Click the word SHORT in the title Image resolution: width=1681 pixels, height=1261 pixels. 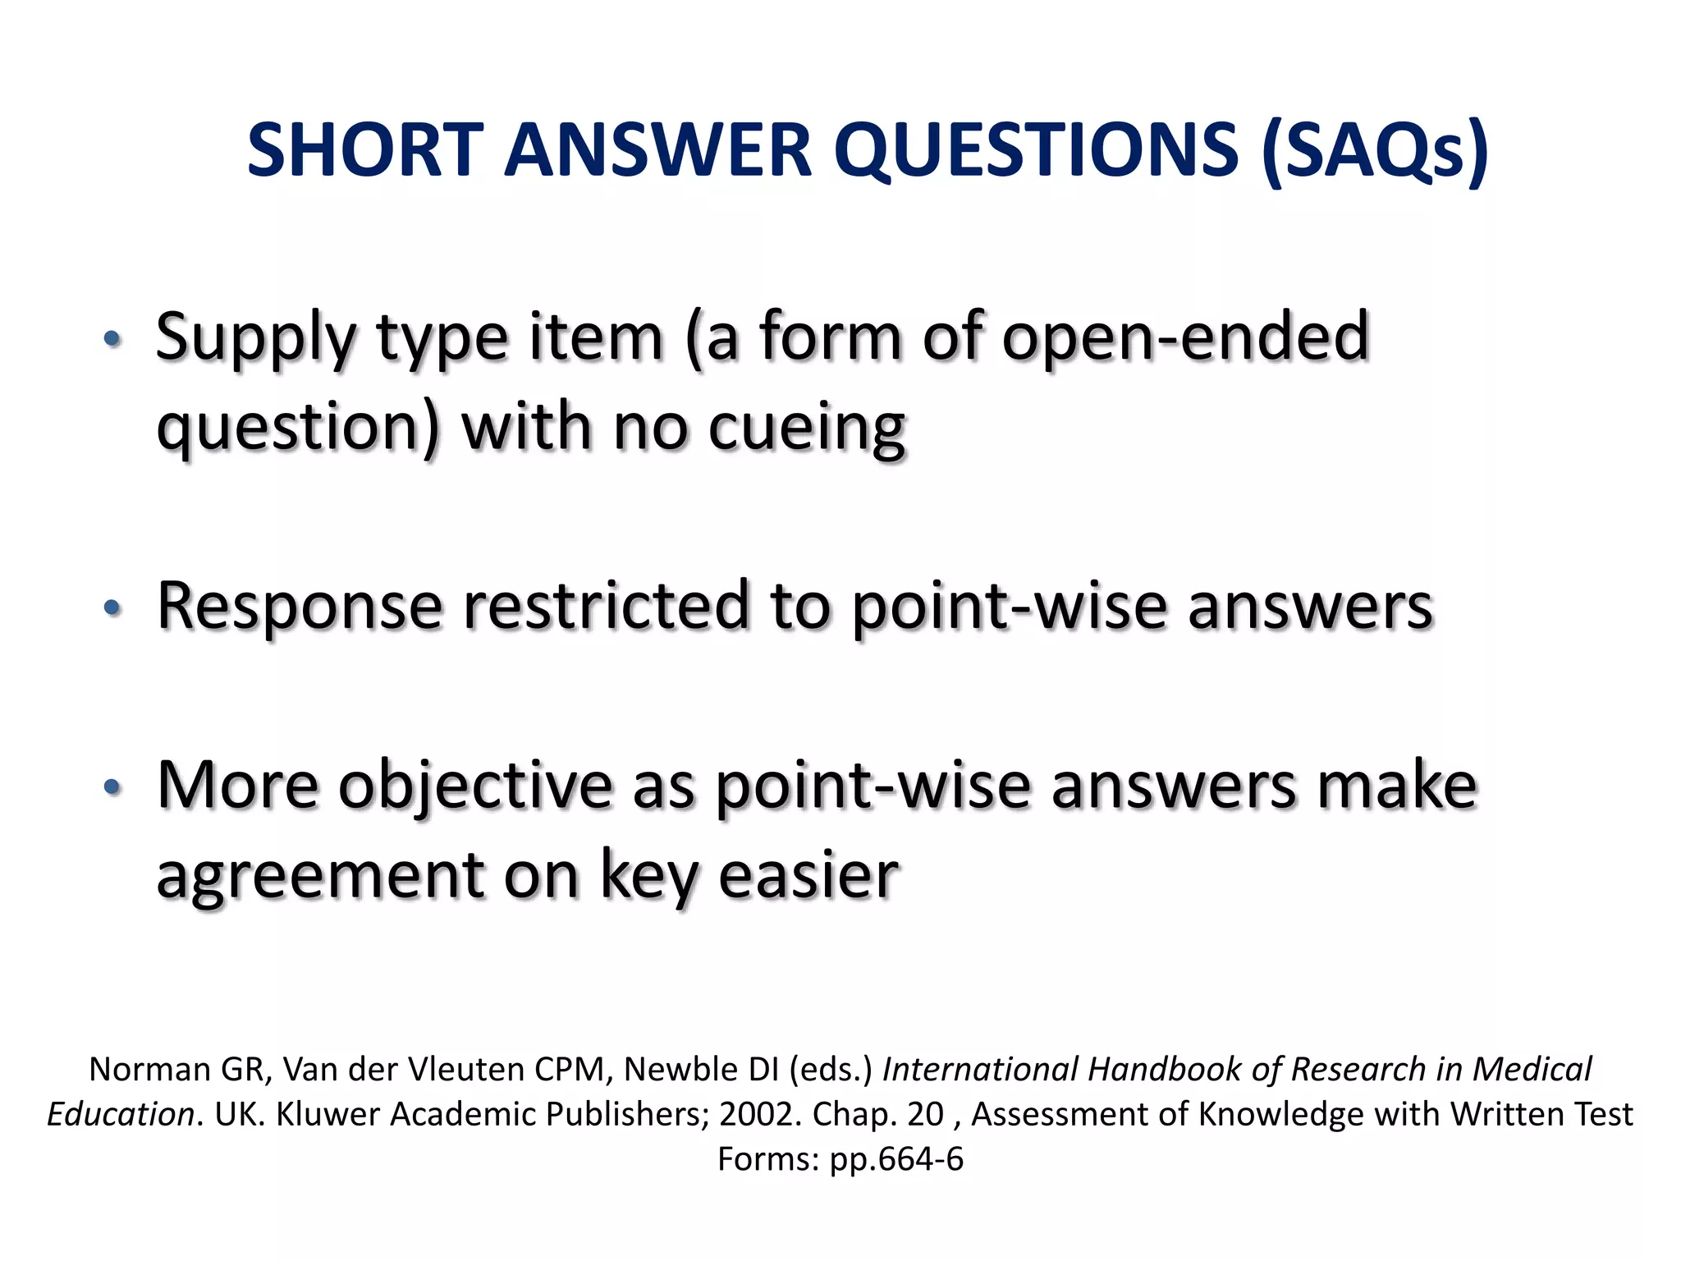pyautogui.click(x=365, y=150)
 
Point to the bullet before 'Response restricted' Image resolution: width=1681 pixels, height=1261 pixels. pyautogui.click(x=112, y=608)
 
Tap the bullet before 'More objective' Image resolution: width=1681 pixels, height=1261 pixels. pyautogui.click(x=112, y=787)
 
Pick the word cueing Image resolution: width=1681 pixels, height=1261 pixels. pyautogui.click(x=806, y=429)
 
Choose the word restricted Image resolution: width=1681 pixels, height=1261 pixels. pyautogui.click(x=607, y=606)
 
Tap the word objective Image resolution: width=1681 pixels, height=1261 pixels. pyautogui.click(x=475, y=786)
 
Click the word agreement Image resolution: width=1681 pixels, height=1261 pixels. pyautogui.click(x=319, y=876)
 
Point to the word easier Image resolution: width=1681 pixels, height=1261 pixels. pyautogui.click(x=808, y=876)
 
